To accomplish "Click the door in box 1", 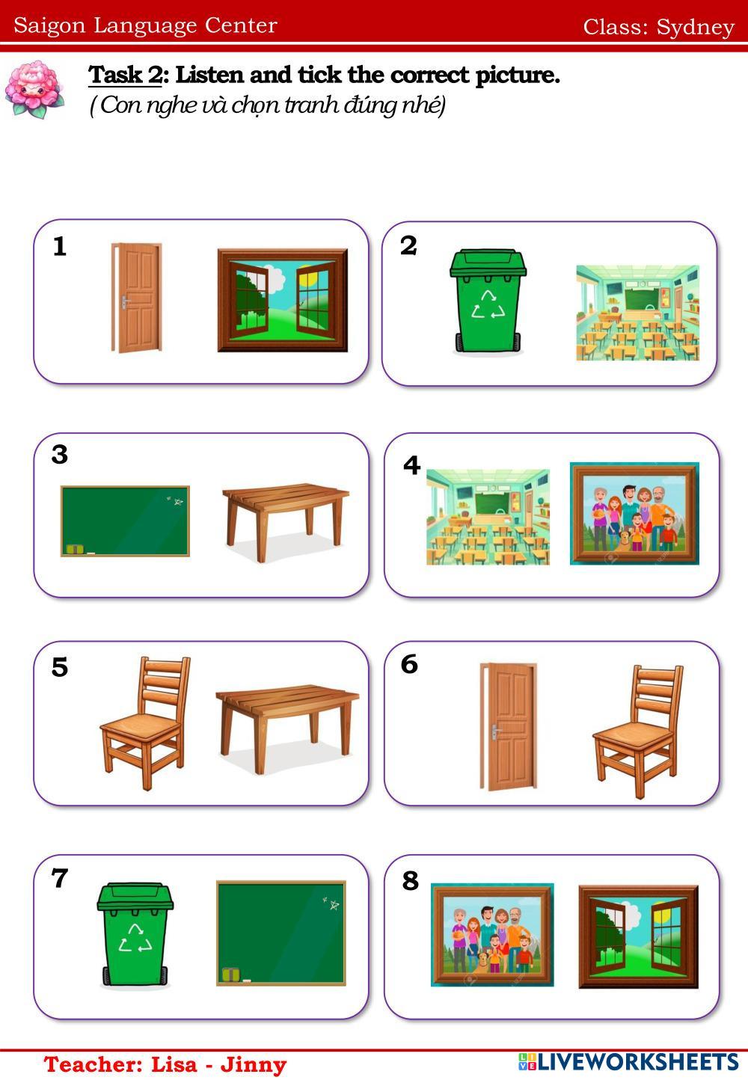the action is click(136, 298).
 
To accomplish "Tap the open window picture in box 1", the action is click(283, 300).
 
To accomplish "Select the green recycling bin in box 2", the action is click(488, 301).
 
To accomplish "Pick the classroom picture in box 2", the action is click(637, 313).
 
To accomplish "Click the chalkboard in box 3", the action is click(125, 521).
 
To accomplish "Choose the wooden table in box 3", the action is click(286, 522).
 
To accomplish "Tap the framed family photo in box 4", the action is click(634, 514).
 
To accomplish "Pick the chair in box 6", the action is click(637, 731).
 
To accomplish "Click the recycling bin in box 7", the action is click(135, 934).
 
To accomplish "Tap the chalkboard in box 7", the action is click(281, 933).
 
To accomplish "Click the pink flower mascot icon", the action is click(34, 89).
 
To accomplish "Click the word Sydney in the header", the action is click(696, 28).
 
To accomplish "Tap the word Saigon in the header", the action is click(49, 25).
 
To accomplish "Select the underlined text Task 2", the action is click(125, 75).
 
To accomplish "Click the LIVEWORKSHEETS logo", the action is click(628, 1062).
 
